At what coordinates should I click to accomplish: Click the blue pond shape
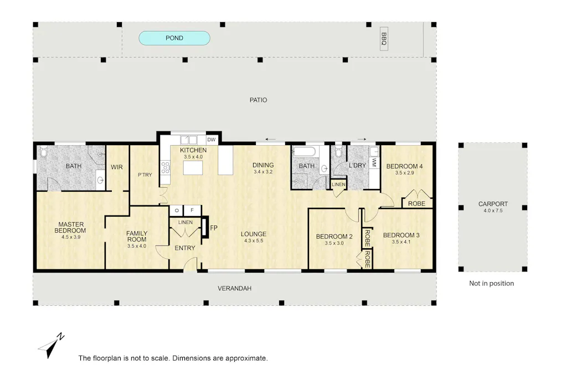coord(174,38)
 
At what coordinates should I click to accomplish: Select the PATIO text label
coord(258,100)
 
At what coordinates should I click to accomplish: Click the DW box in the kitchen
coord(211,140)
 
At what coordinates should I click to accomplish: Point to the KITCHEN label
coord(193,150)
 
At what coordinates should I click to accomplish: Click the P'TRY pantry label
coord(145,175)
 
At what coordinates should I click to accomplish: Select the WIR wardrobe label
coord(116,166)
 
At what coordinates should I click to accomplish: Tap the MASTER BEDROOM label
coord(70,227)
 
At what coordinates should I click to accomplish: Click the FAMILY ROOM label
coord(136,236)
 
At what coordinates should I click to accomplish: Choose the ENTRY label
coord(184,248)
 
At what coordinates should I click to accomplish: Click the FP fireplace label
coord(214,227)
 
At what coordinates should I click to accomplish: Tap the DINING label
coord(263,165)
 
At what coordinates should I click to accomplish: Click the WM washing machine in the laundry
coord(374,162)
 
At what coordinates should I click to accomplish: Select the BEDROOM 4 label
coord(404,166)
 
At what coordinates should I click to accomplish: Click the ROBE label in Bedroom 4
coord(416,203)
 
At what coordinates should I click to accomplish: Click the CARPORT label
coord(493,204)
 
